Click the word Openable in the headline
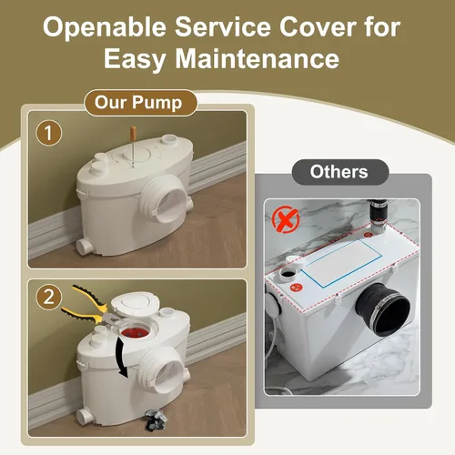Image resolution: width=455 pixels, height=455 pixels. tap(105, 27)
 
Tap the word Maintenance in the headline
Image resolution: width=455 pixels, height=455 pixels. tap(258, 58)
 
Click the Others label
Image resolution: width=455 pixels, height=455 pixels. tap(340, 172)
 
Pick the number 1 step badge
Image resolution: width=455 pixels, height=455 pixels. tap(48, 133)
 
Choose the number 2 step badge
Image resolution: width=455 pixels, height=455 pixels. tap(48, 297)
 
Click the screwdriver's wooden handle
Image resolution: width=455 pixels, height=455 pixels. tap(133, 132)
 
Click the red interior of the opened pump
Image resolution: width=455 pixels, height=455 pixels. tap(135, 332)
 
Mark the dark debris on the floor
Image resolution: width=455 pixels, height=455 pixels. tap(156, 420)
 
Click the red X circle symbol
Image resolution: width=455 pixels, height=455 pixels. tap(286, 219)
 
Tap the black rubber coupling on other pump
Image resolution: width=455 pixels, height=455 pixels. tap(383, 308)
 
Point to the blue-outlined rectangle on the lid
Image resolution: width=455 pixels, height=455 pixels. tap(340, 263)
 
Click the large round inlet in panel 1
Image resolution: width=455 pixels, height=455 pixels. tap(166, 197)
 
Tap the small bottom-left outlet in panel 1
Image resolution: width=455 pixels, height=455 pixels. tap(85, 246)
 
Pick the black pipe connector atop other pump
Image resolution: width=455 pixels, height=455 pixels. tap(378, 213)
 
